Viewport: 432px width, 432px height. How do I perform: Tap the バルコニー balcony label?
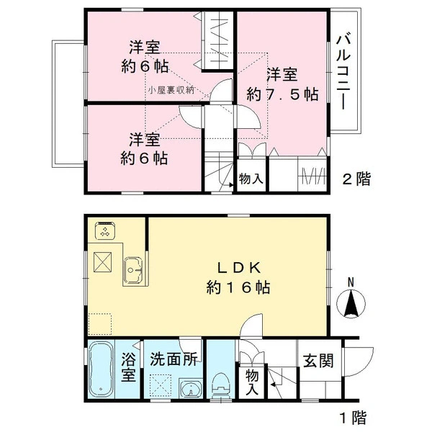(x=343, y=71)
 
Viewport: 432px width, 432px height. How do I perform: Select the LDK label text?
(x=239, y=268)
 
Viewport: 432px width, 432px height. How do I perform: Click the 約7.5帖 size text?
(x=283, y=94)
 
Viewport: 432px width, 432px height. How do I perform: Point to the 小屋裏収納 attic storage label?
(x=171, y=90)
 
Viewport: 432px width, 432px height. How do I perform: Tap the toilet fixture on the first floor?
(x=221, y=386)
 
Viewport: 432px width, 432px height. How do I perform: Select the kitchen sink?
(x=133, y=270)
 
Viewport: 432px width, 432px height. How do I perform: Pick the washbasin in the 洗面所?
(x=190, y=389)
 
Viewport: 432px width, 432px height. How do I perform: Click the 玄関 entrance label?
(x=318, y=361)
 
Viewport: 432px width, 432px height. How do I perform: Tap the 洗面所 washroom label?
(x=174, y=359)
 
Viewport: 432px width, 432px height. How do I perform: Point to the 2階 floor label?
(x=356, y=179)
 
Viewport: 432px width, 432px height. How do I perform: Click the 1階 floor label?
(x=354, y=418)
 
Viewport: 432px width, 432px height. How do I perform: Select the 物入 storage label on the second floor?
(x=251, y=179)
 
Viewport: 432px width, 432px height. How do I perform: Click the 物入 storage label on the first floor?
(x=252, y=382)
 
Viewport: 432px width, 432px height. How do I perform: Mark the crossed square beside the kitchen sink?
(x=102, y=262)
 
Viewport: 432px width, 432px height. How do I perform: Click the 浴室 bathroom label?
(x=128, y=367)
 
